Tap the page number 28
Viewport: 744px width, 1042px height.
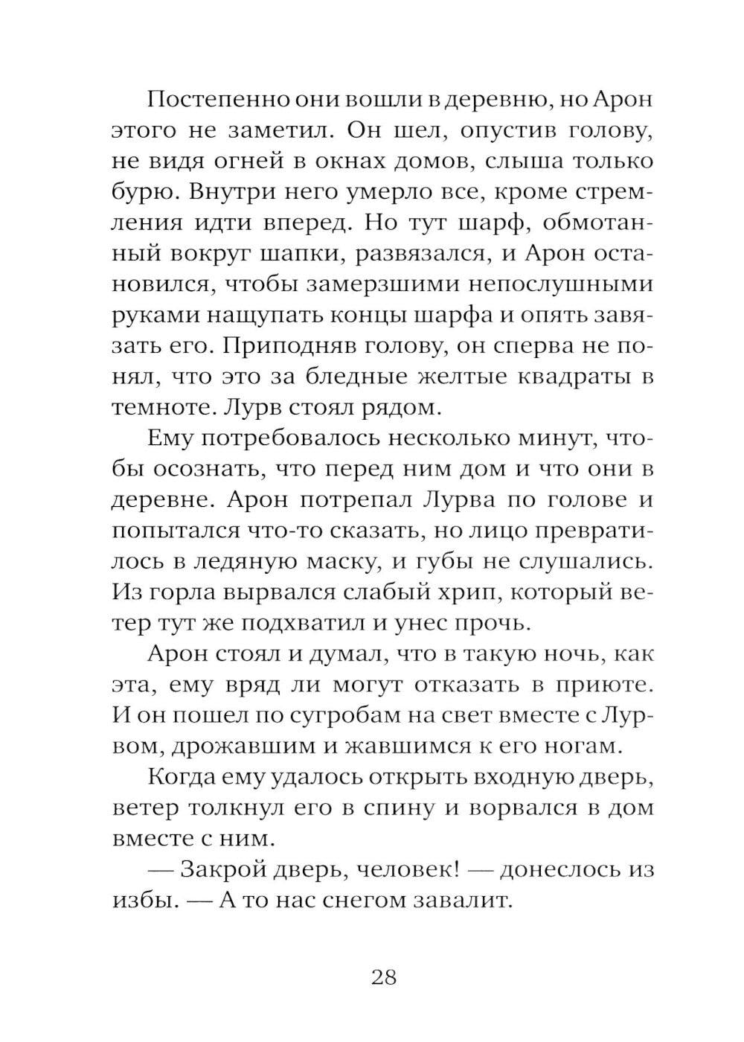click(383, 977)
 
